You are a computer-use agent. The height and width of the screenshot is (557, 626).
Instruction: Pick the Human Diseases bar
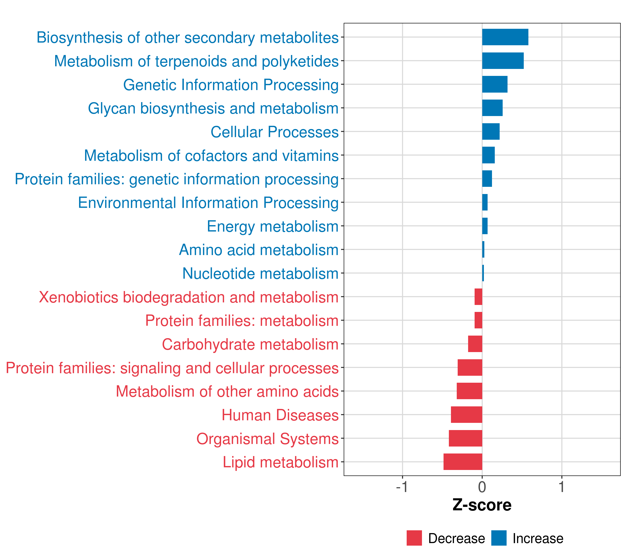coord(466,415)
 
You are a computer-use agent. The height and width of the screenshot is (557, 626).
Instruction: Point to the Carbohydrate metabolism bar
coord(475,344)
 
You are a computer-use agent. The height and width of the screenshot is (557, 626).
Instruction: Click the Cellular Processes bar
coord(491,132)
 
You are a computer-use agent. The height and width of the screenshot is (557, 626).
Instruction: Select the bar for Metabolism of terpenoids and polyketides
coord(503,61)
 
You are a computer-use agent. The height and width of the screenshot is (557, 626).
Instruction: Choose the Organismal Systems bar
coord(466,438)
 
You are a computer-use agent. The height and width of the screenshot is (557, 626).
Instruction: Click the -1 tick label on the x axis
coord(402,487)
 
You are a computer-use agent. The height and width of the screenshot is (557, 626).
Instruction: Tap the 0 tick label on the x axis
coord(482,487)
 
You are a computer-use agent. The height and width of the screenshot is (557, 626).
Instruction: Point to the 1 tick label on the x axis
coord(562,487)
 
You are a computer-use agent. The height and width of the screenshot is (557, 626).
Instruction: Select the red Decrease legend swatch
coord(414,538)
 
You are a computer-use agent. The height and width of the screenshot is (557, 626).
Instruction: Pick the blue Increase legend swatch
coord(499,538)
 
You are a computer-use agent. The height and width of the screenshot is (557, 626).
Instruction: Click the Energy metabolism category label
coord(273,227)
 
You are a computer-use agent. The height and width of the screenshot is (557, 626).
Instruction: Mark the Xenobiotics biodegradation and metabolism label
coord(189,297)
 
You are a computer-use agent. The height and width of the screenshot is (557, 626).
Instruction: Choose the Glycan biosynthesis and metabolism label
coord(213,109)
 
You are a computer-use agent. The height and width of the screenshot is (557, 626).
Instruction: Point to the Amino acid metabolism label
coord(259,250)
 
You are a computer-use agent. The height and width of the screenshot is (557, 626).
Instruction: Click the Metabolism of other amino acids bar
coord(469,391)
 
